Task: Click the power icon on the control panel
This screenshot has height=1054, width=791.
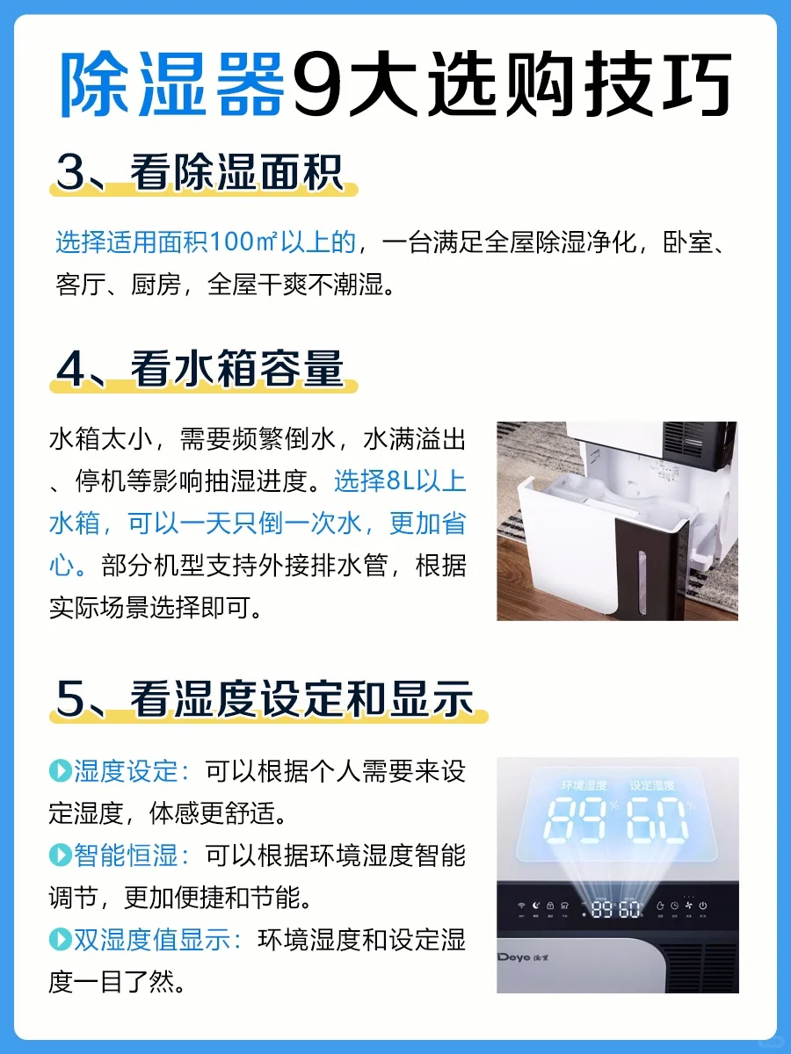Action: tap(702, 906)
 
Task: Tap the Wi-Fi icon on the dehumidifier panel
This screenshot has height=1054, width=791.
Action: tap(521, 906)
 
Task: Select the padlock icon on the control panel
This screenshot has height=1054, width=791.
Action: tap(550, 906)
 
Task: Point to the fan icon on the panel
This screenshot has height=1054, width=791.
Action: tap(689, 906)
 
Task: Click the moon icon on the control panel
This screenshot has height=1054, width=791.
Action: tap(536, 906)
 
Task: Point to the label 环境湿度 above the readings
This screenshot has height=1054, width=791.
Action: tap(584, 785)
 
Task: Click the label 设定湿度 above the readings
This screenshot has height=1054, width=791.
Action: tap(652, 785)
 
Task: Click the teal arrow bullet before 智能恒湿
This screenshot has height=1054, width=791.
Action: tap(61, 855)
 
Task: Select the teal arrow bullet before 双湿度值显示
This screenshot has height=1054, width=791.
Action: tap(61, 939)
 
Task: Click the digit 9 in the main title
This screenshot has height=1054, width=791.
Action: tap(318, 84)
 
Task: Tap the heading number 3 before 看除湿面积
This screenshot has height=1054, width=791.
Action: tap(70, 172)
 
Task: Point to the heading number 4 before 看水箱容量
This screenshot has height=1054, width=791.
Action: tap(70, 369)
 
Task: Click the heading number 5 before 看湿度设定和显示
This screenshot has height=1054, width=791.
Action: tap(70, 699)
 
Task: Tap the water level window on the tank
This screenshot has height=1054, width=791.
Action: tap(642, 582)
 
